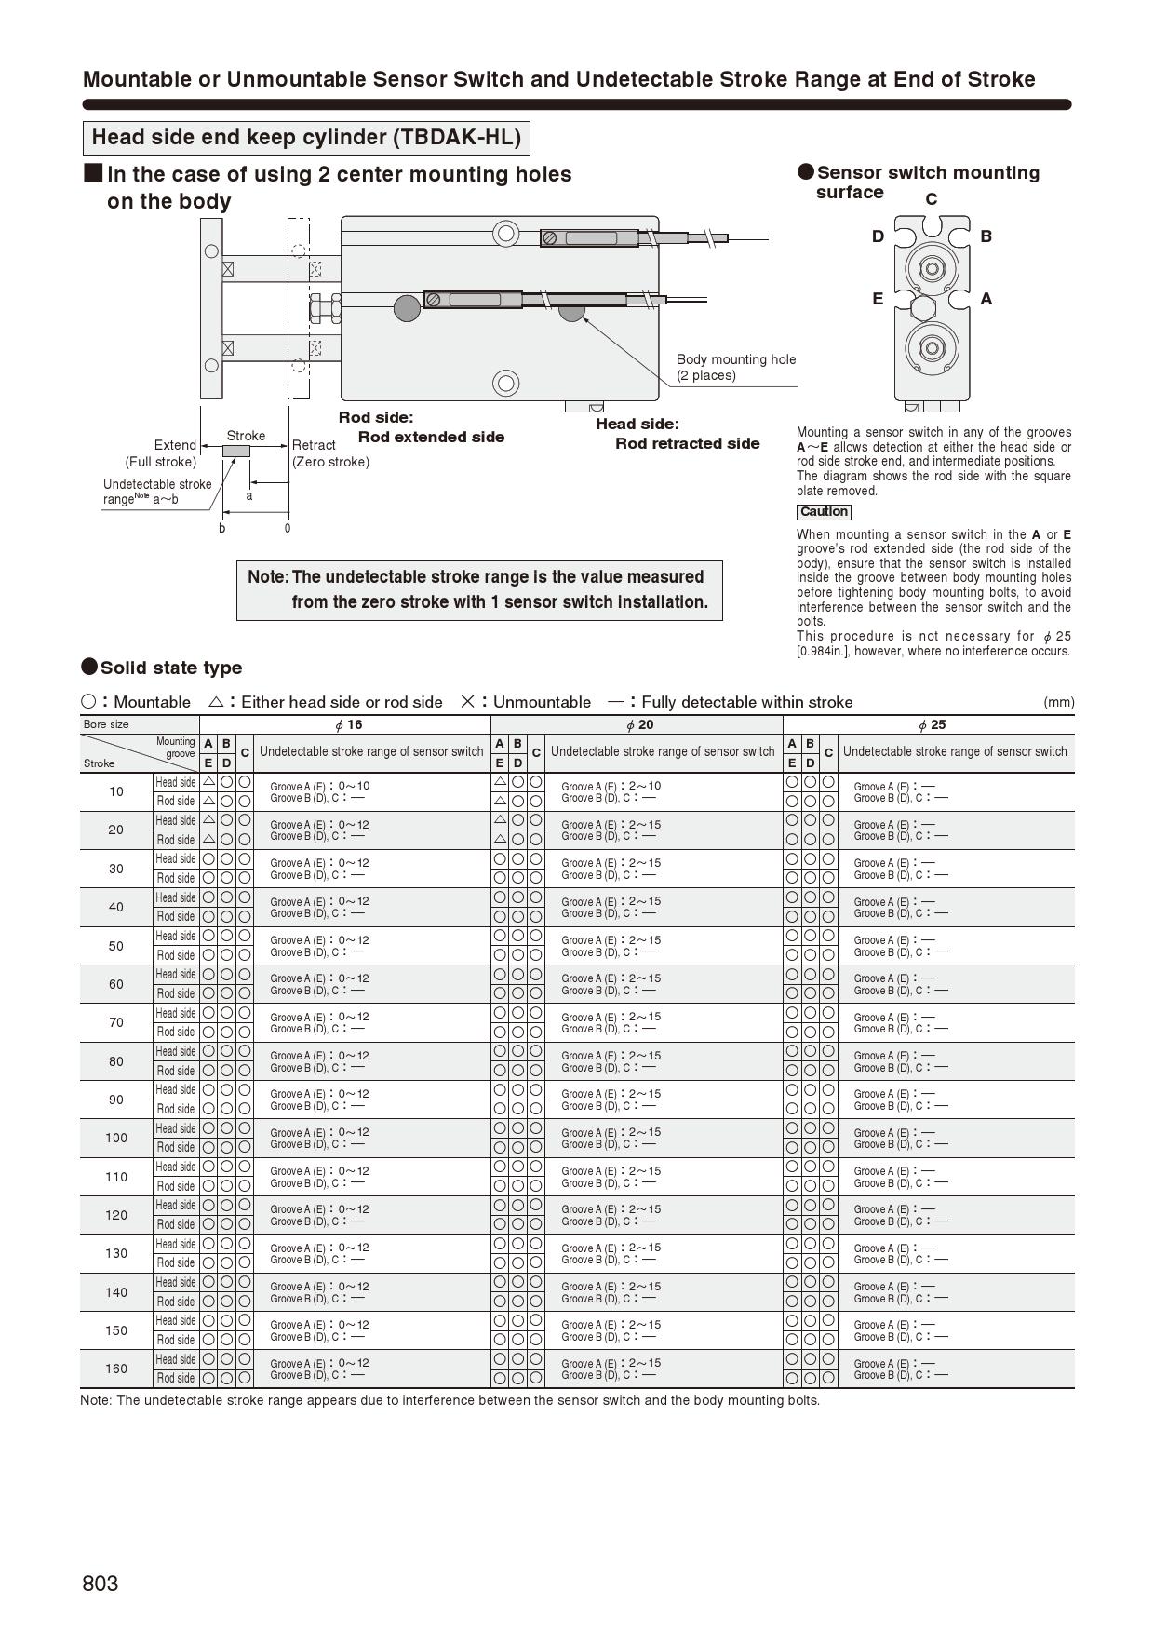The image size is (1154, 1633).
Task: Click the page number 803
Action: (101, 1584)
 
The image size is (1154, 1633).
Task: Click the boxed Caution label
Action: (824, 512)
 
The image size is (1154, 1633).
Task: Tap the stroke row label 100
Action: (116, 1138)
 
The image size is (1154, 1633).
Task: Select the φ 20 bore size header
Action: (639, 725)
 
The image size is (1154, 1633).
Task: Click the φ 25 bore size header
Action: (932, 725)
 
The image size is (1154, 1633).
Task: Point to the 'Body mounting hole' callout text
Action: (735, 359)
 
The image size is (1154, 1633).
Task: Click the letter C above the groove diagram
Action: (931, 199)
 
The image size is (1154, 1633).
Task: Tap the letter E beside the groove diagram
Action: (878, 299)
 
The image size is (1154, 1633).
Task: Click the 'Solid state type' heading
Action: (170, 668)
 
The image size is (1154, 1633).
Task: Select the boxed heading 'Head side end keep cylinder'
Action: (306, 138)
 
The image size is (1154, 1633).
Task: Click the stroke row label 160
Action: (116, 1369)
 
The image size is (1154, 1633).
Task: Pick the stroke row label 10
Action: (116, 791)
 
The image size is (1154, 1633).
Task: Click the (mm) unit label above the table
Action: (1058, 702)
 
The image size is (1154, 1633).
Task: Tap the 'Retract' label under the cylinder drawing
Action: (314, 445)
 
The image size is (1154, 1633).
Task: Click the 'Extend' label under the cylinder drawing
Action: (175, 445)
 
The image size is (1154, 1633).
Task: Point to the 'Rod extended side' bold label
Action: (431, 438)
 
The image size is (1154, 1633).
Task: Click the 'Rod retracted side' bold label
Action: (687, 444)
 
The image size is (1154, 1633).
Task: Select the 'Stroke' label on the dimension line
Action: (246, 436)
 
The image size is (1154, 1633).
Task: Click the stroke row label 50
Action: (116, 946)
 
